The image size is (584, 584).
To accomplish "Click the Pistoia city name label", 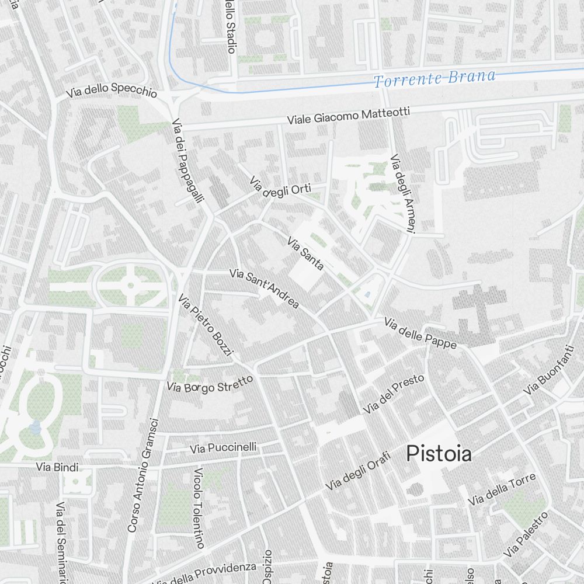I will pyautogui.click(x=439, y=454).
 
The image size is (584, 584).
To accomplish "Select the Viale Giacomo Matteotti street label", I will pyautogui.click(x=348, y=116).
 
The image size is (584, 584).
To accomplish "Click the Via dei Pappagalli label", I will pyautogui.click(x=188, y=161).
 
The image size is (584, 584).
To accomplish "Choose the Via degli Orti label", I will pyautogui.click(x=280, y=189).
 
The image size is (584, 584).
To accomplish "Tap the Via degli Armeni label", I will pyautogui.click(x=404, y=193).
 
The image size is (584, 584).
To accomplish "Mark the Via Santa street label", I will pyautogui.click(x=305, y=253).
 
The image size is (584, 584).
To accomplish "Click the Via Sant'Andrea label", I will pyautogui.click(x=264, y=288).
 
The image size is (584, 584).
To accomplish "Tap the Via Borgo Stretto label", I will pyautogui.click(x=210, y=384).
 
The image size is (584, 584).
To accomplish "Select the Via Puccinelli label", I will pyautogui.click(x=224, y=448).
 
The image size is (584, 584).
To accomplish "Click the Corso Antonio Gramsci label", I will pyautogui.click(x=143, y=475).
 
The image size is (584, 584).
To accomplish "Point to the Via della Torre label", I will pyautogui.click(x=502, y=489).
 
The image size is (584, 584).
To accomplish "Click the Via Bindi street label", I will pyautogui.click(x=57, y=467).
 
